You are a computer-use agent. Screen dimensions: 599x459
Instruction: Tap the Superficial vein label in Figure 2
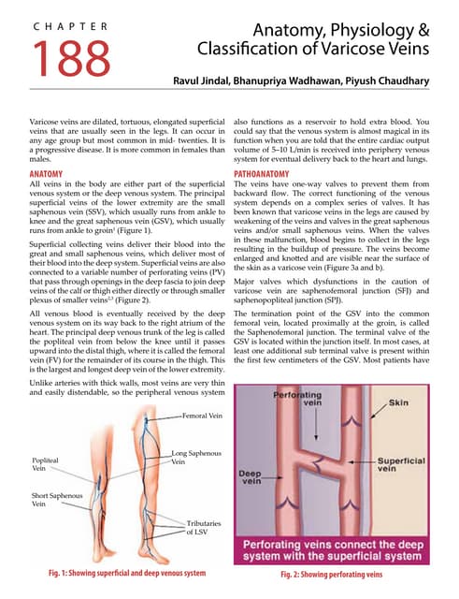[402, 466]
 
